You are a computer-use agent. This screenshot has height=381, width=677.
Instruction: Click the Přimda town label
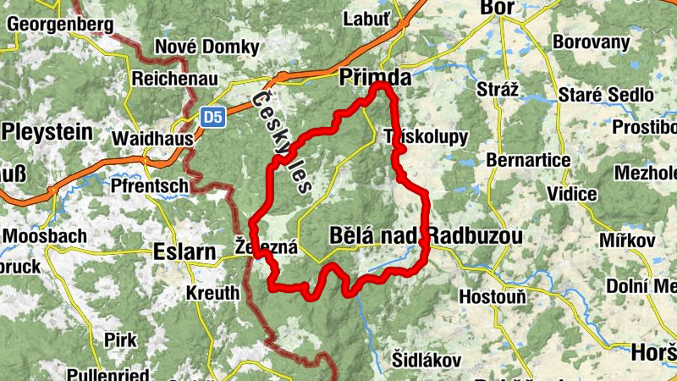(375, 78)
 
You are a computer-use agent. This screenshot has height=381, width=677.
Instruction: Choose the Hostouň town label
(493, 297)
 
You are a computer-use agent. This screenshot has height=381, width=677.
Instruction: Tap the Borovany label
(591, 41)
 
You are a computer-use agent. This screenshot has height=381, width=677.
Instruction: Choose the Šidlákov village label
(426, 359)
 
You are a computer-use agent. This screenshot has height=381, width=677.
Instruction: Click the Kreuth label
(212, 294)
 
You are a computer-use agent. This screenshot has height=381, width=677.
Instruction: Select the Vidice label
(572, 195)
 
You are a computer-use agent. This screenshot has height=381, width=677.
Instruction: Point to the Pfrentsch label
(150, 184)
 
